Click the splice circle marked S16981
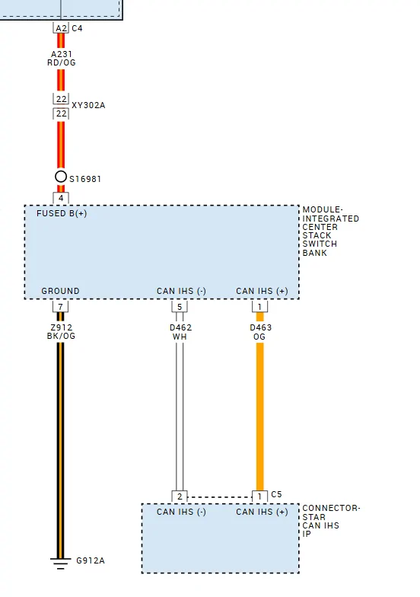[61, 177]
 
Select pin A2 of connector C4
[61, 27]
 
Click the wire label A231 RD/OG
[61, 58]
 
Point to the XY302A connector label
[88, 105]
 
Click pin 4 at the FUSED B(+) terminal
[61, 198]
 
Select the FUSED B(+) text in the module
[62, 213]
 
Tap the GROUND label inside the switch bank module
[61, 291]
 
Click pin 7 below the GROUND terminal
[61, 306]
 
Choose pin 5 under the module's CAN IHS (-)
[180, 306]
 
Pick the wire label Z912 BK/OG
[61, 332]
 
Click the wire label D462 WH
[180, 332]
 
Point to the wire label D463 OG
[260, 332]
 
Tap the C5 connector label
[277, 494]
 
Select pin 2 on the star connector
[180, 496]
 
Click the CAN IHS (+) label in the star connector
[262, 512]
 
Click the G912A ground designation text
[90, 560]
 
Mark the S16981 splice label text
[85, 178]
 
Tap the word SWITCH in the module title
[320, 244]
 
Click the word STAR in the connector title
[313, 517]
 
